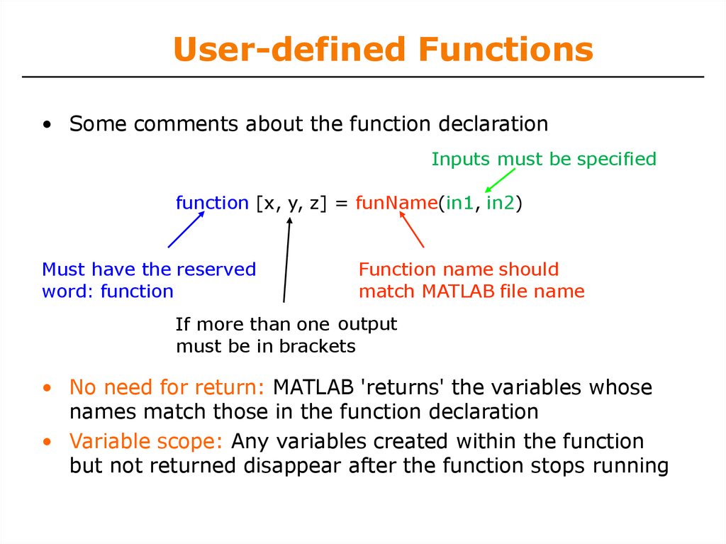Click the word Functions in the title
coord(506,49)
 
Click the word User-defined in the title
coord(290,49)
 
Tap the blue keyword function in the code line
coord(212,203)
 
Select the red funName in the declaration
coord(396,203)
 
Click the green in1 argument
coord(459,203)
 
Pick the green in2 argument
coord(501,203)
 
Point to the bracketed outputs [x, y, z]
coord(291,204)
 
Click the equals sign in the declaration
coord(341,204)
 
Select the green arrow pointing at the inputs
coord(500,180)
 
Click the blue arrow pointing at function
coord(186,229)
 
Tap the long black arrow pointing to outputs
coord(286,260)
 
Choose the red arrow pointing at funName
coord(411,229)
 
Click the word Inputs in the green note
coord(461,160)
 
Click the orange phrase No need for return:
coord(167,387)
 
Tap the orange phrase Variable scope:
coord(146,441)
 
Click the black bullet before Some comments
coord(47,125)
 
